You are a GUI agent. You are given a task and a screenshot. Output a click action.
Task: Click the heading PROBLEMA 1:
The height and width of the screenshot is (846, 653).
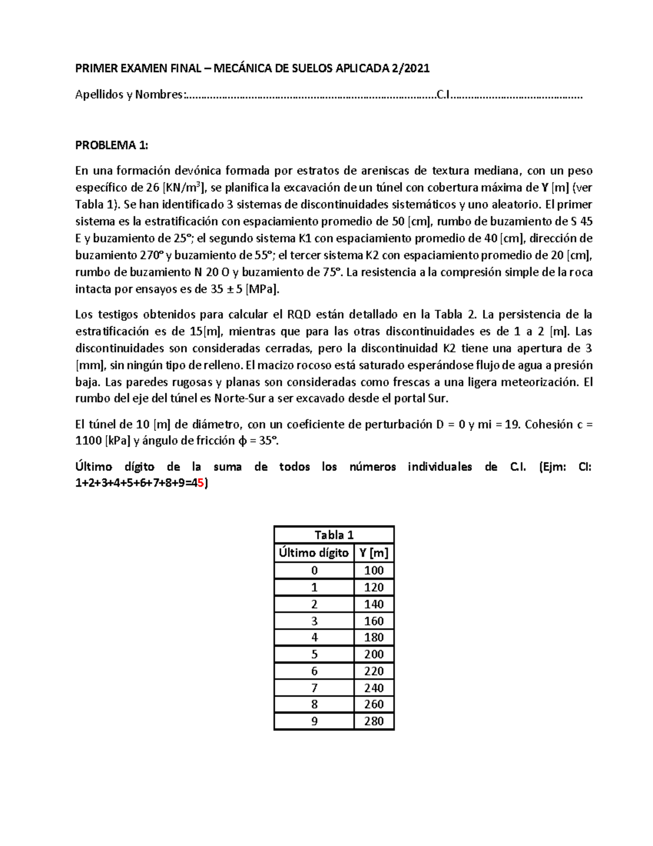111,145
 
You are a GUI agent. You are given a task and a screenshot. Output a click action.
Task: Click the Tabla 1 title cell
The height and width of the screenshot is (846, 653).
334,535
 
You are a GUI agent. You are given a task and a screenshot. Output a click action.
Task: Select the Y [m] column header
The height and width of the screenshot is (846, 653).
374,553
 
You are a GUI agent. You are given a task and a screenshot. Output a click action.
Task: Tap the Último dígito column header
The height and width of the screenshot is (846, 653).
314,553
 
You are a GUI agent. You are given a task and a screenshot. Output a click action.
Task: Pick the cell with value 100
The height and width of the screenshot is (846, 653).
374,570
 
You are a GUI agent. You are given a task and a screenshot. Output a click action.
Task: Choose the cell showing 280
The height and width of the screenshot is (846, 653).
374,721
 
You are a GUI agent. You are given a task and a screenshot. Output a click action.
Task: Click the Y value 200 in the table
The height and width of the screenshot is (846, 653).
374,654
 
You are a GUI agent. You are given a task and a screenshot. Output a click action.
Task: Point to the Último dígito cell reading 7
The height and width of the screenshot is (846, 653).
314,687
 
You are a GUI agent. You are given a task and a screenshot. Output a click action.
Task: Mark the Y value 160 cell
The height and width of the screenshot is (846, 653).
374,621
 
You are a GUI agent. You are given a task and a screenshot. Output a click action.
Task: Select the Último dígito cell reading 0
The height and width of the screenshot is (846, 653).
314,570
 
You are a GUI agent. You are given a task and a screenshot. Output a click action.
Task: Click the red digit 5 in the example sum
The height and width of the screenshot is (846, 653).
202,483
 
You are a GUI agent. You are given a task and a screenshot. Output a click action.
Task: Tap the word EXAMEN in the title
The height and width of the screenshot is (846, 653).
142,68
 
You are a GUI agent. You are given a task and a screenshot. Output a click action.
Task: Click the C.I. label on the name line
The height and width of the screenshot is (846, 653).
443,95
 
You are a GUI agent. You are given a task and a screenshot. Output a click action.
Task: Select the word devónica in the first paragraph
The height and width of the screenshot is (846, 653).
196,171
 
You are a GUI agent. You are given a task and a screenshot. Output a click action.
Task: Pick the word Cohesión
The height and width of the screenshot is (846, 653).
547,424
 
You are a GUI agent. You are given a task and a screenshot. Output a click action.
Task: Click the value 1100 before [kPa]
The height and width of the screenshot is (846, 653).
88,441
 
